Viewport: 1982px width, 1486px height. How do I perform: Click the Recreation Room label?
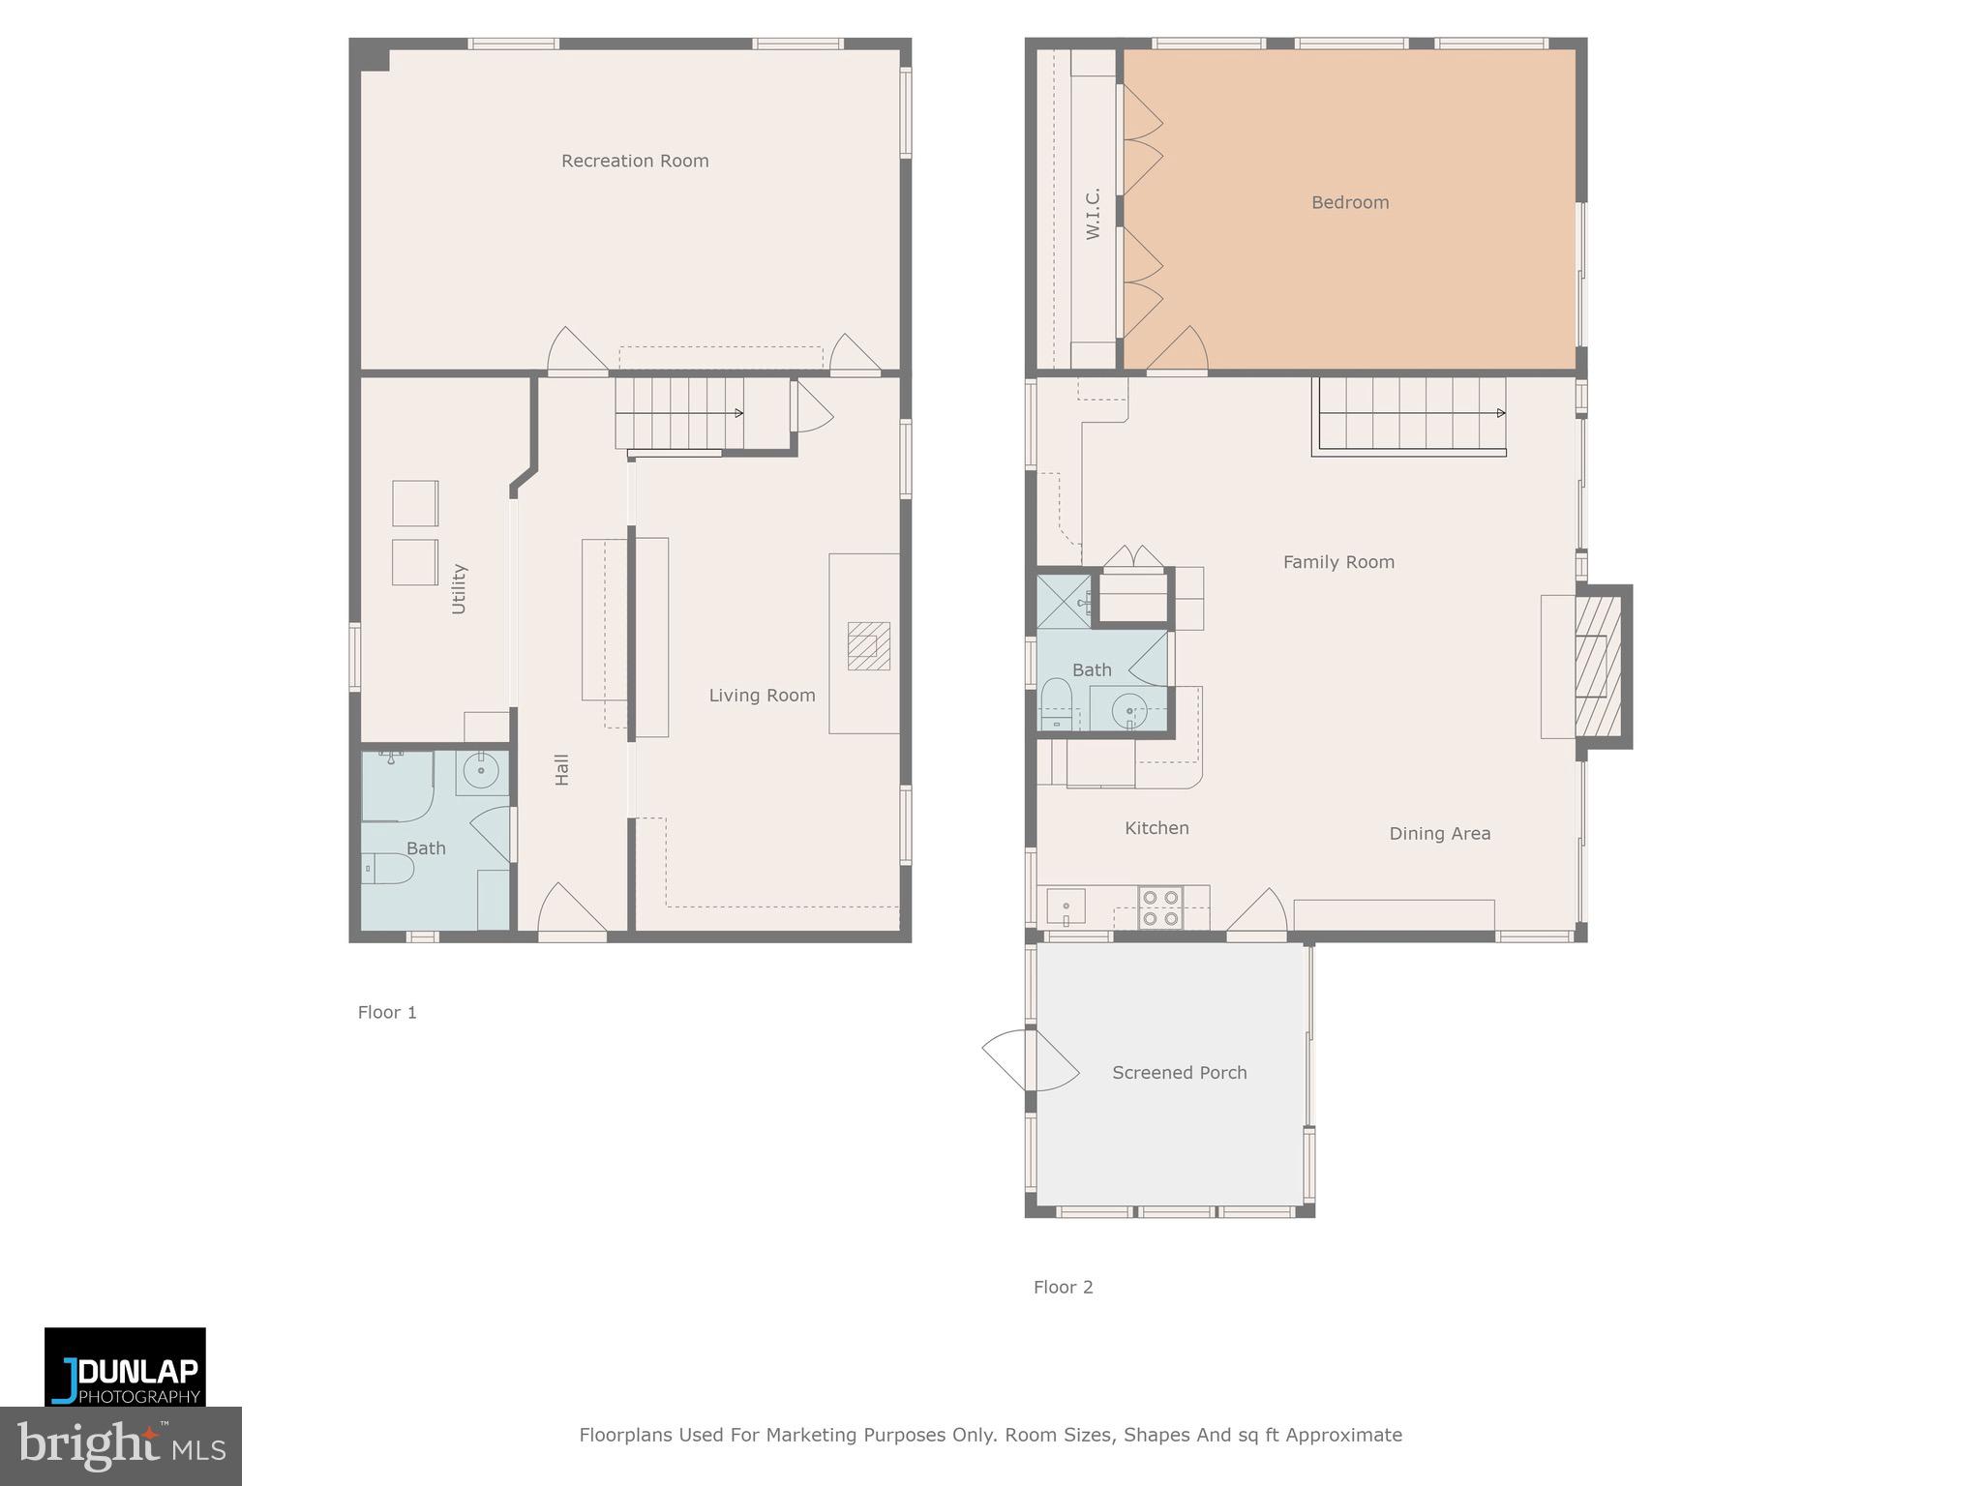click(x=635, y=161)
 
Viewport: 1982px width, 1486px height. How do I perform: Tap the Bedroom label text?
click(x=1349, y=202)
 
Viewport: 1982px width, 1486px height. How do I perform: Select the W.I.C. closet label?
click(x=1093, y=214)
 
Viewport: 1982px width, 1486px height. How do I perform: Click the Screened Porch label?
click(x=1179, y=1072)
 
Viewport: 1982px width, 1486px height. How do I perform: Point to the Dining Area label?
click(x=1439, y=833)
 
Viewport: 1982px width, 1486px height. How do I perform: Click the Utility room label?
click(x=459, y=588)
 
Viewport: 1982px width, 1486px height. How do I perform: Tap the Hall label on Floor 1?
click(x=561, y=769)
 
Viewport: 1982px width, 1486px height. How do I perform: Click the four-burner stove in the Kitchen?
click(x=1159, y=907)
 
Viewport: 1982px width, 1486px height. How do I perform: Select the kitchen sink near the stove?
click(x=1066, y=906)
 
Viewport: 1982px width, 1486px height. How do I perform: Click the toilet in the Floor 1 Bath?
click(x=388, y=869)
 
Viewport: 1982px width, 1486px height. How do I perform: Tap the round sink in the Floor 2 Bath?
click(x=1128, y=711)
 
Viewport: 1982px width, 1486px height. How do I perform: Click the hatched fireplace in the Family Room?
click(x=1598, y=667)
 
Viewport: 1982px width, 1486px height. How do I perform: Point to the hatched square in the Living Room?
click(x=868, y=646)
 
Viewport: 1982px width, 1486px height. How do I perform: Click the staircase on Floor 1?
click(x=679, y=413)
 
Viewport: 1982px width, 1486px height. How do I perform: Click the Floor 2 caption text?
click(x=1063, y=1287)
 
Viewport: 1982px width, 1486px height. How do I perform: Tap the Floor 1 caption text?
click(x=387, y=1012)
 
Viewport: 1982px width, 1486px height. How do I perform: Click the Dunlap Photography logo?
click(x=125, y=1366)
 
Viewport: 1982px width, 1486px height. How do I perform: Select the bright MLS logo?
click(x=121, y=1445)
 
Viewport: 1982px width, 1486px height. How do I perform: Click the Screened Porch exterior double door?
click(x=1029, y=1059)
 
